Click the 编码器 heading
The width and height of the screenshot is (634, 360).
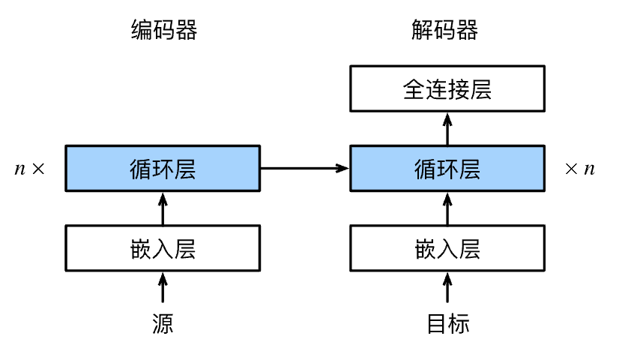click(164, 30)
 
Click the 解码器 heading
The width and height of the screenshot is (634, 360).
click(444, 30)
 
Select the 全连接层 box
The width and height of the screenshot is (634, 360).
click(447, 88)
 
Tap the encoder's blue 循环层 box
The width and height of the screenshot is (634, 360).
click(163, 168)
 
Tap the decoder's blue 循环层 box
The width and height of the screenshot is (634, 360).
click(447, 168)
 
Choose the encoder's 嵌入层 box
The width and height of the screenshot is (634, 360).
click(163, 248)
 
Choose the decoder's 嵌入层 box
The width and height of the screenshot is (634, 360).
click(447, 248)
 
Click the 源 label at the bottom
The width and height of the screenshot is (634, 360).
click(163, 323)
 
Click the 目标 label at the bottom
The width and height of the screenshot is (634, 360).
click(448, 323)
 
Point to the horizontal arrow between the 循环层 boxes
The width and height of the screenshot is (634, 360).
click(304, 168)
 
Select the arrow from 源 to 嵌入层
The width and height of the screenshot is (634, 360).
click(163, 287)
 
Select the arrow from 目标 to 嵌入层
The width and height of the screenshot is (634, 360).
click(447, 287)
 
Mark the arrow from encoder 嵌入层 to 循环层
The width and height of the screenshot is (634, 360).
click(163, 208)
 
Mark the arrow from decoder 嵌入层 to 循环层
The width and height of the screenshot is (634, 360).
click(447, 208)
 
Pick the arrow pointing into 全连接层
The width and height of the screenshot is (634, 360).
click(447, 129)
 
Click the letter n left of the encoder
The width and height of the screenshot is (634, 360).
click(19, 169)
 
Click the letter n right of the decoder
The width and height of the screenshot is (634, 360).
click(590, 169)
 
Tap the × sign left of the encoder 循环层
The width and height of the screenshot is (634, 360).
click(38, 168)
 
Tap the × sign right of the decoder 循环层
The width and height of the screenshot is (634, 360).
click(571, 168)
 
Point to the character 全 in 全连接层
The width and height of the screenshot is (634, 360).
click(414, 89)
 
